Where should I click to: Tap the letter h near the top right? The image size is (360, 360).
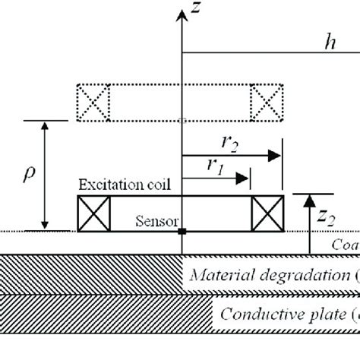(329, 43)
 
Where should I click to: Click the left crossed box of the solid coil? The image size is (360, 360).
(93, 213)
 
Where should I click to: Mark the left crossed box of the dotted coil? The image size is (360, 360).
(93, 101)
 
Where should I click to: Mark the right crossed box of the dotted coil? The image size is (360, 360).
(267, 101)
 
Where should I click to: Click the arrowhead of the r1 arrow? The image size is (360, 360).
(245, 180)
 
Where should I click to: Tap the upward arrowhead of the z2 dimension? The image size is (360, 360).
(309, 200)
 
